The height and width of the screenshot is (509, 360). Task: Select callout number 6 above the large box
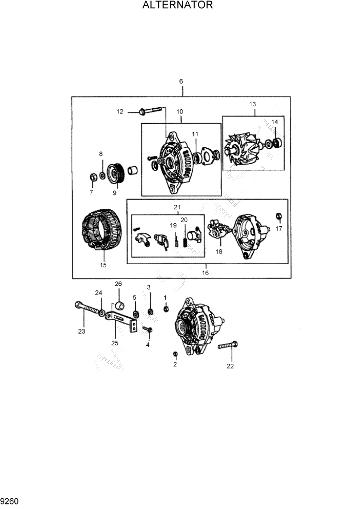point(181,82)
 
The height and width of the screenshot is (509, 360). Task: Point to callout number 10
point(180,112)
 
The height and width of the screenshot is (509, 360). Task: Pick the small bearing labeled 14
point(277,141)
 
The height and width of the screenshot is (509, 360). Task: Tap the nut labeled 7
point(93,178)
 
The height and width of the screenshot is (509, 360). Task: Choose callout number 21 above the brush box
point(177,207)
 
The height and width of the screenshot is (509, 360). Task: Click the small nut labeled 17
point(279,216)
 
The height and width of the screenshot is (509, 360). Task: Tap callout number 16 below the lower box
point(205,273)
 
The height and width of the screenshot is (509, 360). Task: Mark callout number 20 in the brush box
point(184,220)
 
